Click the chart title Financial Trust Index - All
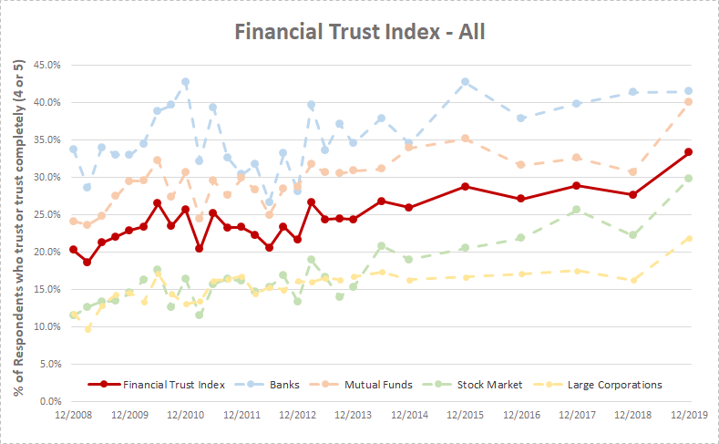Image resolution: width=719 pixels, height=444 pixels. pos(359,32)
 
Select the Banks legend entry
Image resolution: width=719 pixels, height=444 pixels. pos(275,385)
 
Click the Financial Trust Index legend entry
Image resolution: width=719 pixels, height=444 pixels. pos(162,385)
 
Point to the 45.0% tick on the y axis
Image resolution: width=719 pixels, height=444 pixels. pos(46,65)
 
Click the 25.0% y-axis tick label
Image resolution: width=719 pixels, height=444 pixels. pos(46,214)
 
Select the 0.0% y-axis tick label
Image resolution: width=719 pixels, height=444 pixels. pos(49,401)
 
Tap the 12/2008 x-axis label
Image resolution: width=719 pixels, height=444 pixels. pos(74,415)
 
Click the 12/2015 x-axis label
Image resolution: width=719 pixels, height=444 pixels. pos(466,415)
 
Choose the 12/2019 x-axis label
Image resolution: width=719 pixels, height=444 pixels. pos(689,415)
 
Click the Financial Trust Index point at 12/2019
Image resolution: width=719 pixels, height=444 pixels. pos(689,151)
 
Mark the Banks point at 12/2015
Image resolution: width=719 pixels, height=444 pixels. pos(466,82)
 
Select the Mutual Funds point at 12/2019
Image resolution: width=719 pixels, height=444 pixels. pos(689,101)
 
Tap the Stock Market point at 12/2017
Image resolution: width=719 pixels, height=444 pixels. pos(577,210)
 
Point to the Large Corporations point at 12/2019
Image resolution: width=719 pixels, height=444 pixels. pos(689,239)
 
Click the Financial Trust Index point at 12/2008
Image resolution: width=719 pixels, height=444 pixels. pos(74,249)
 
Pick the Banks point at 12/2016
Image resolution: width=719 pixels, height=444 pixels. pos(521,119)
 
